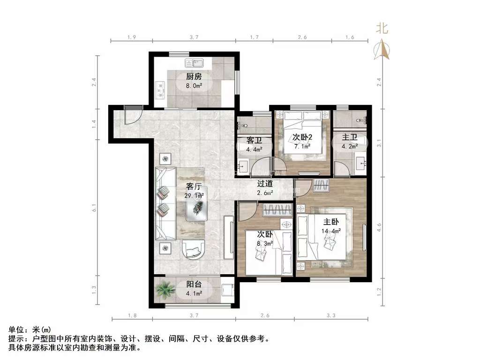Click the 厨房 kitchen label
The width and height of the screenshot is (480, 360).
194,76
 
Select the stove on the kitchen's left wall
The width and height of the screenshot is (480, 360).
160,90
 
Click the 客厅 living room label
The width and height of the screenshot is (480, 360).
194,186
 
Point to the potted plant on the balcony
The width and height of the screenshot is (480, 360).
165,290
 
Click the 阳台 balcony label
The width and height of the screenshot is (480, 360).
194,284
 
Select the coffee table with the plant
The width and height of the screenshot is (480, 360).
197,203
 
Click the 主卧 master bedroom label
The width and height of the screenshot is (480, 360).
331,222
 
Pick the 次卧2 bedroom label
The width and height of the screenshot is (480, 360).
302,137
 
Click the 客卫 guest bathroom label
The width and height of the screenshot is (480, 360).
255,141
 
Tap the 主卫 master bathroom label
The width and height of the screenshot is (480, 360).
350,137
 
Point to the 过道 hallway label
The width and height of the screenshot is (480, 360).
265,184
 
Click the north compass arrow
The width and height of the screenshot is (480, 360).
382,49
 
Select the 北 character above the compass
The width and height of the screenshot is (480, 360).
382,29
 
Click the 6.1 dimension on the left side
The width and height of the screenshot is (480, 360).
94,208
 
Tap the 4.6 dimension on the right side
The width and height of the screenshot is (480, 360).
379,227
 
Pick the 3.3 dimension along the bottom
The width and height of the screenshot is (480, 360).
331,315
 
